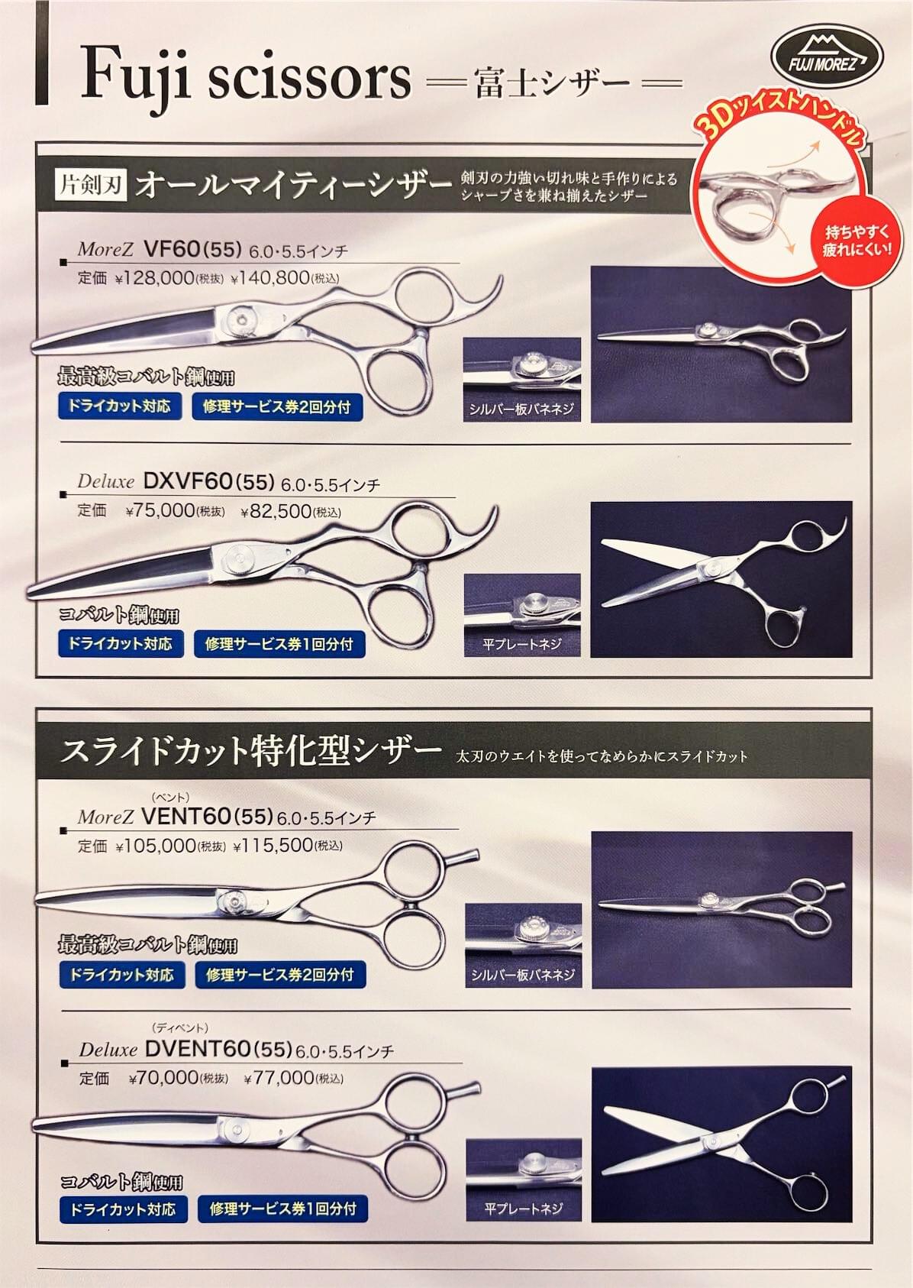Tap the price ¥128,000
[x=154, y=279]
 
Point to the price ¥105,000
[x=156, y=845]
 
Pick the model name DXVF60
[x=187, y=481]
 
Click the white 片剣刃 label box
[x=92, y=186]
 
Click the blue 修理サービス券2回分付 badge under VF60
[x=277, y=407]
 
